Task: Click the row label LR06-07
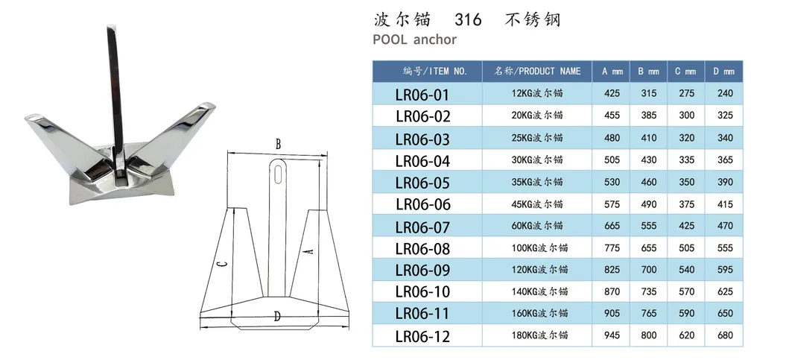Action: coord(422,226)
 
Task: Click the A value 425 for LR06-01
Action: coord(612,94)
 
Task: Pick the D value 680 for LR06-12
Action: coord(723,335)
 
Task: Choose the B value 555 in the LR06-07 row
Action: coord(648,225)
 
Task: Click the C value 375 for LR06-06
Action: coord(685,203)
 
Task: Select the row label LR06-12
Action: coord(422,336)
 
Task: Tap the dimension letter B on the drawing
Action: coord(277,145)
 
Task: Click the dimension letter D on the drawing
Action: coord(277,317)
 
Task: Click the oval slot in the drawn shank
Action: coord(277,174)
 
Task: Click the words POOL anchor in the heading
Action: coord(414,40)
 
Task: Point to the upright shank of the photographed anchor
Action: coord(118,89)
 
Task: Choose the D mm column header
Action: coord(723,72)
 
